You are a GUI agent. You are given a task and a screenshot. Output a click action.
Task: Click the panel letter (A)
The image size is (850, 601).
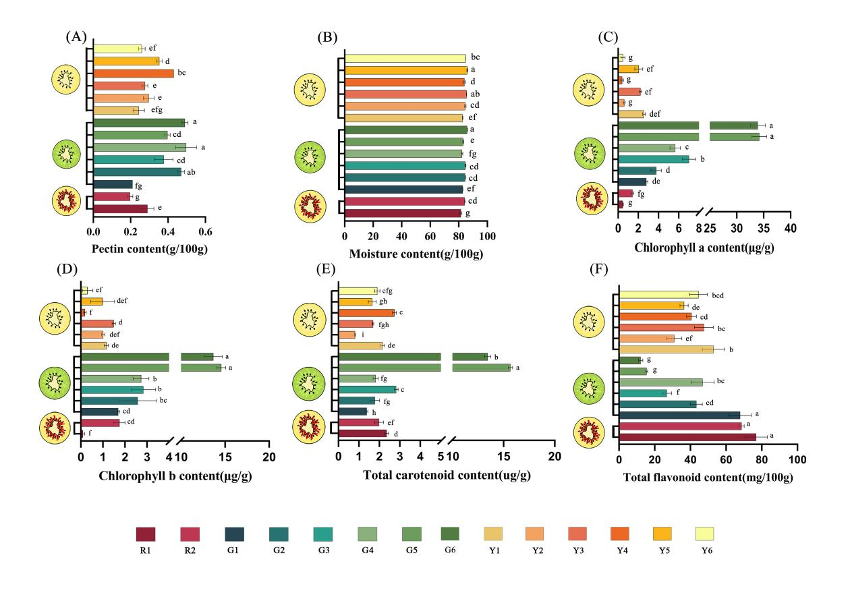[x=75, y=37]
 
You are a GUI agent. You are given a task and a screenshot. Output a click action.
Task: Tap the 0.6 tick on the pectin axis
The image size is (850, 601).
[x=205, y=231]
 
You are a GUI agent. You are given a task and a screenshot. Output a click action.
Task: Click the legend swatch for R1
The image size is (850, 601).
[x=146, y=534]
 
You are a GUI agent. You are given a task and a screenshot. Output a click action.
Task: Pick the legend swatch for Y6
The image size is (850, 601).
[x=705, y=534]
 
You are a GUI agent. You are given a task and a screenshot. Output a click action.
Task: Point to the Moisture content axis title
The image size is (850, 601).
[x=416, y=254]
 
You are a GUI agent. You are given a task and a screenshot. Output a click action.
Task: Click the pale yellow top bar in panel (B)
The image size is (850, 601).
[x=405, y=58]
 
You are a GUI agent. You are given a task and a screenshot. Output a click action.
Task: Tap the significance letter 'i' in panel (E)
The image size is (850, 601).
[x=362, y=335]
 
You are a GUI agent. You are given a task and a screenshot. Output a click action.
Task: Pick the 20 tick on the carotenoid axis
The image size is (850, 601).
[x=554, y=457]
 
